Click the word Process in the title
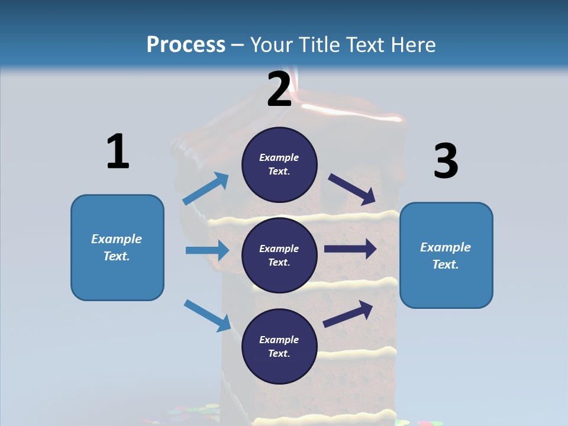coord(186,45)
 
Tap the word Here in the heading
coord(411,45)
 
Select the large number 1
coord(118,151)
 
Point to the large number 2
coord(279,89)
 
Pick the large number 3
coord(446,162)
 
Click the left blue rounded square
coord(117,247)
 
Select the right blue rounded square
coord(446,255)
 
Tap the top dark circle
coord(279,164)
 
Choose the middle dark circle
coord(279,255)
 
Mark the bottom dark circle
coord(279,346)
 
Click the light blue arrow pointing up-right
coord(206,189)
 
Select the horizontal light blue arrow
coord(207,250)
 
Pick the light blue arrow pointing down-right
coord(207,315)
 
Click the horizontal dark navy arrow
coord(350,249)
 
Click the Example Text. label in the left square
coord(117,247)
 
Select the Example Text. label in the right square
coord(446,256)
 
